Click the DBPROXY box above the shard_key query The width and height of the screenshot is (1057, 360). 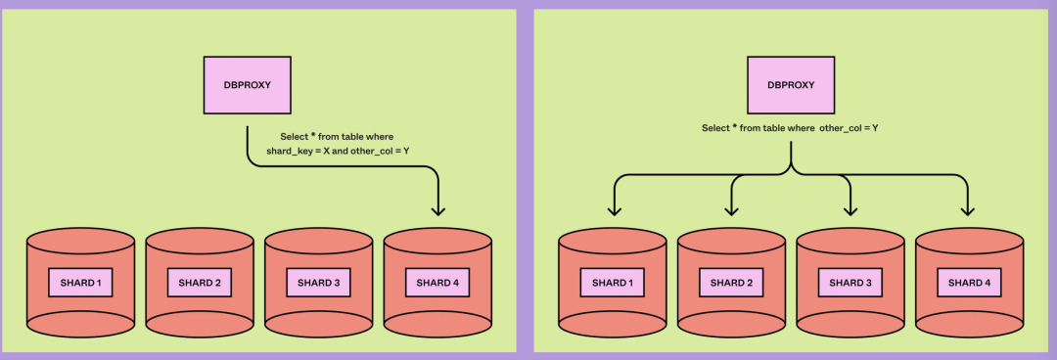(248, 85)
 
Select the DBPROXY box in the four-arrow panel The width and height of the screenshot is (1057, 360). (791, 85)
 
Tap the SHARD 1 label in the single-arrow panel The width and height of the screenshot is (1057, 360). (80, 283)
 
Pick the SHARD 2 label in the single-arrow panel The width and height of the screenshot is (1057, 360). (200, 283)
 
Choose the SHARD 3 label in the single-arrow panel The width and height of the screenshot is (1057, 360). (318, 283)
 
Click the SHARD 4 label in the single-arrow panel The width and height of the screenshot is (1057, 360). (437, 283)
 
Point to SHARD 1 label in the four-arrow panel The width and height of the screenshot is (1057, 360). (612, 283)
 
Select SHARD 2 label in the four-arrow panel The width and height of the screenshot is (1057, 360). (731, 283)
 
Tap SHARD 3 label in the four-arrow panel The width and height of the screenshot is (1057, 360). (850, 283)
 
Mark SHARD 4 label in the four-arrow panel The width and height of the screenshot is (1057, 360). (969, 283)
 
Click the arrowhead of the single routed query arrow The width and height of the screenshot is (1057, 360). (438, 211)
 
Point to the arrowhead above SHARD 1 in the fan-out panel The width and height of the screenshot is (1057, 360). (614, 211)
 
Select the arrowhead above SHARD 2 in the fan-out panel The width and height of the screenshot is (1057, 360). (731, 211)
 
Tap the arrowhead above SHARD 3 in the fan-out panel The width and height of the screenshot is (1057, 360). (850, 211)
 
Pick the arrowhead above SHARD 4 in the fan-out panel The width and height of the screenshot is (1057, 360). (968, 211)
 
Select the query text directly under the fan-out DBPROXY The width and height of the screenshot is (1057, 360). (790, 127)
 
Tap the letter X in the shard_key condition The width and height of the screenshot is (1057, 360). (326, 151)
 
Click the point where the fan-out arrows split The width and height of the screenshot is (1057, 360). (791, 173)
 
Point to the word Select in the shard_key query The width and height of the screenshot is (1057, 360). (294, 137)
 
